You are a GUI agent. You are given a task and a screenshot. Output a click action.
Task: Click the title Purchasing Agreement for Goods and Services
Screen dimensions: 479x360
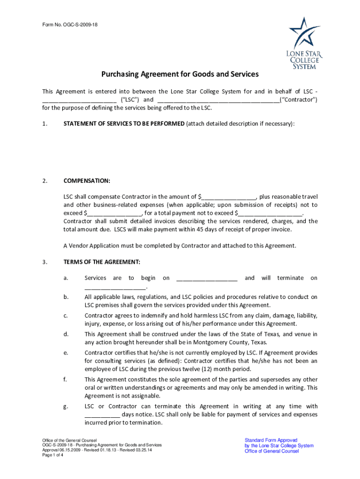tap(180, 74)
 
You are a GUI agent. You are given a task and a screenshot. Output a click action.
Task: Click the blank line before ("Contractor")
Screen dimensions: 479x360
tap(218, 100)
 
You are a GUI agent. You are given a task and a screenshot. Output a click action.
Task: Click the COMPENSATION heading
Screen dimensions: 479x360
tap(87, 181)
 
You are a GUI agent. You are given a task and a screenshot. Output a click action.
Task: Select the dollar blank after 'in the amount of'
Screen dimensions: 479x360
tap(229, 197)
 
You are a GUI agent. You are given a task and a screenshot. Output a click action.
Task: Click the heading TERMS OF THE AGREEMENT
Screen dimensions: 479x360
tap(101, 262)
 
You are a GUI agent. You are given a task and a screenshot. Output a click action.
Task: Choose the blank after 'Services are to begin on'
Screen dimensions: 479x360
tap(207, 278)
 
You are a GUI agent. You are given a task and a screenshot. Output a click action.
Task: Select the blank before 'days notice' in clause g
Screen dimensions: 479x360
tap(102, 415)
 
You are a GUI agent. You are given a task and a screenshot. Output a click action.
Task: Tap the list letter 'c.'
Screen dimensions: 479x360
tap(65, 316)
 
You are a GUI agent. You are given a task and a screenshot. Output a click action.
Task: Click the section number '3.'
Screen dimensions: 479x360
tap(44, 262)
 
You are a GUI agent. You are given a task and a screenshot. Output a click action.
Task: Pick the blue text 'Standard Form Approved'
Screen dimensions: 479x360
tap(271, 440)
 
